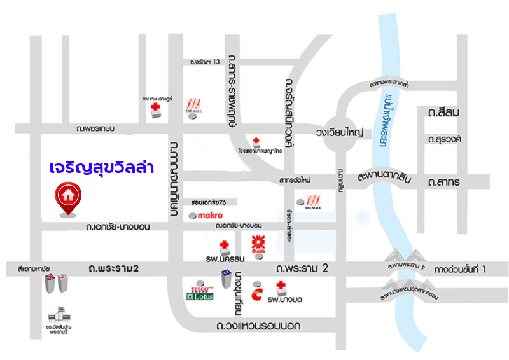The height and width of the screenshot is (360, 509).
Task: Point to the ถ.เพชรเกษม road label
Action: coord(95,128)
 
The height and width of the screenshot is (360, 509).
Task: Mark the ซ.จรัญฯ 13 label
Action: coord(205,62)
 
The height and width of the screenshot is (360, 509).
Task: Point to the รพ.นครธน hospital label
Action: coord(222,259)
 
